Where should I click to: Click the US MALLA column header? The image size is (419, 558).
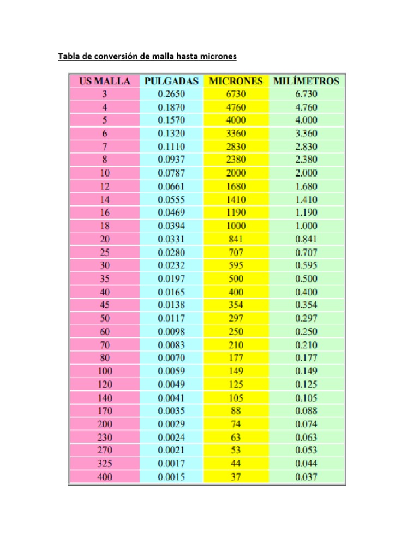click(x=105, y=81)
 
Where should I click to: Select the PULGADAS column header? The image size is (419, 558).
click(x=171, y=81)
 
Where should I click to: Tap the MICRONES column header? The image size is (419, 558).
click(x=236, y=81)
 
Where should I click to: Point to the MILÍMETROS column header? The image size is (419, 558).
click(x=306, y=81)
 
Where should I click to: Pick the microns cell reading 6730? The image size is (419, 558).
click(x=236, y=94)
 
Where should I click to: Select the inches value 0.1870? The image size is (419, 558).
click(x=171, y=107)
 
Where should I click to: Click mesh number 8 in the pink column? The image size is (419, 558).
click(x=105, y=160)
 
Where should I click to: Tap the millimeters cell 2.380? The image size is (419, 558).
click(x=306, y=160)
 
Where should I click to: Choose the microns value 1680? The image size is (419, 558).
click(x=236, y=186)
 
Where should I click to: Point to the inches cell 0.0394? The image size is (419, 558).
click(x=171, y=226)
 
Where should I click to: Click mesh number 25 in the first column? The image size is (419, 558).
click(x=105, y=252)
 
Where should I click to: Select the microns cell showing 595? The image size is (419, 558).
click(x=236, y=265)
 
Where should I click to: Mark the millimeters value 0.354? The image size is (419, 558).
click(x=306, y=305)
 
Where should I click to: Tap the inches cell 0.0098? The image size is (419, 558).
click(x=171, y=331)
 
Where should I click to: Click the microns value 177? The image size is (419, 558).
click(x=236, y=358)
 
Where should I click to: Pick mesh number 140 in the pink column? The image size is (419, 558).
click(x=105, y=398)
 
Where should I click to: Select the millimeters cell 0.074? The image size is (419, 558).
click(x=306, y=424)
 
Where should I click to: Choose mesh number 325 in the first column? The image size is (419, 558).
click(x=105, y=464)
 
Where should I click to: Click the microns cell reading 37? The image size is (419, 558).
click(x=236, y=477)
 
